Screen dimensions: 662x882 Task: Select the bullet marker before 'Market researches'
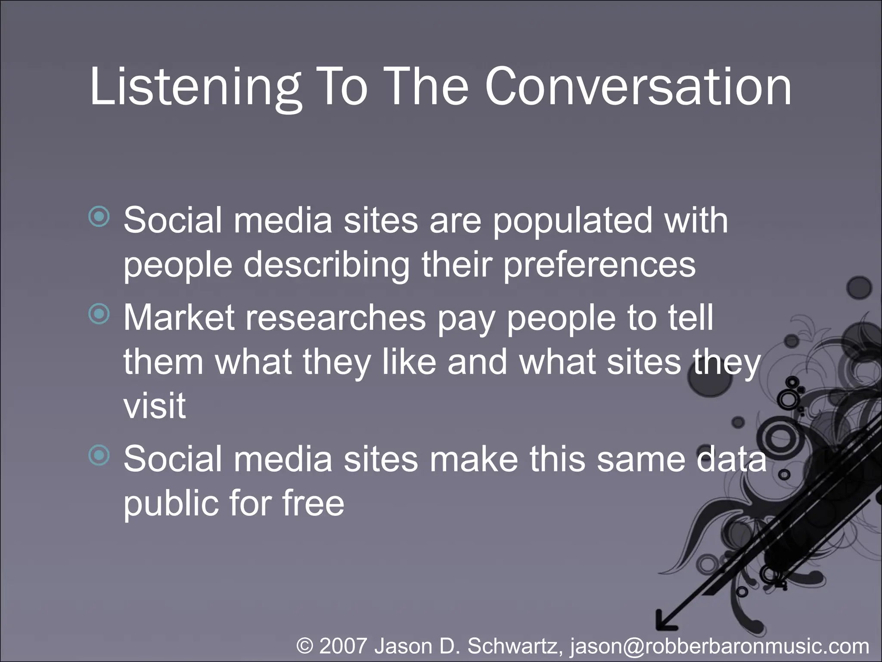99,314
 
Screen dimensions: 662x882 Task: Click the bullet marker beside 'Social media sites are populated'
99,216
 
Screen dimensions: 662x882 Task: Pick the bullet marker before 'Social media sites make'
99,455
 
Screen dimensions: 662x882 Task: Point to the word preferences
599,265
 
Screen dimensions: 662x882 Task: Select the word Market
179,318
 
